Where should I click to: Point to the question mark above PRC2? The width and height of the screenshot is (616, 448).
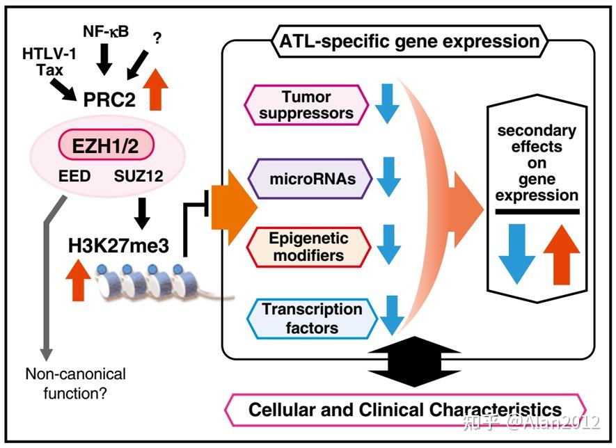click(x=157, y=40)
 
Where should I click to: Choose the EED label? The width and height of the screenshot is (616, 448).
click(x=75, y=177)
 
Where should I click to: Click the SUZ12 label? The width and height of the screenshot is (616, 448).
click(x=140, y=177)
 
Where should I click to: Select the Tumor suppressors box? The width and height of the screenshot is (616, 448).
click(x=306, y=104)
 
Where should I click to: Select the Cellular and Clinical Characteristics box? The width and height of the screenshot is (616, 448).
click(x=405, y=408)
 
